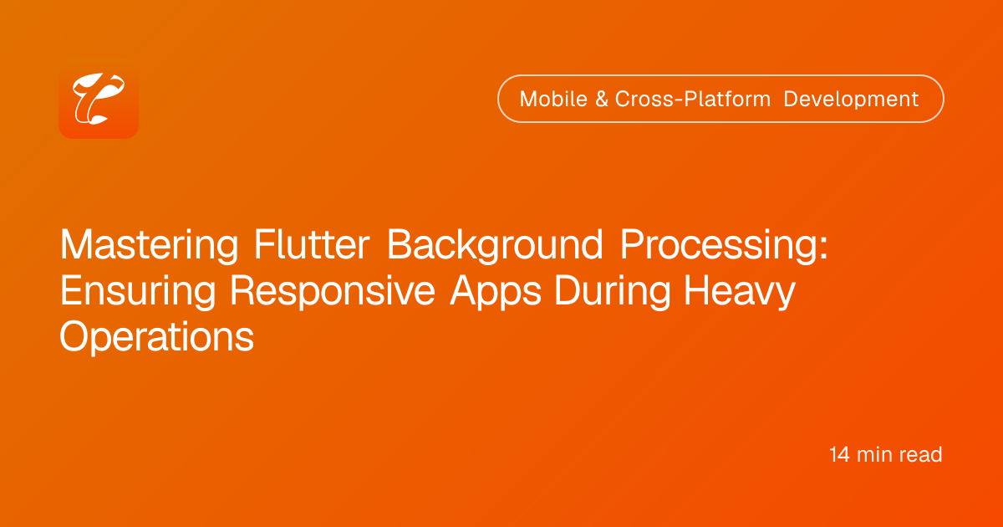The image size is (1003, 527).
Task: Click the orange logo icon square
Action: (x=99, y=99)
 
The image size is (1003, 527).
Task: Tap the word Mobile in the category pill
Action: (x=553, y=99)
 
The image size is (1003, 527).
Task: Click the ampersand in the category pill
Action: (x=602, y=99)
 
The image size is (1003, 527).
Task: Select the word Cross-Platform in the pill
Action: (x=693, y=99)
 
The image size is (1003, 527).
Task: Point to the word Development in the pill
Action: (x=851, y=99)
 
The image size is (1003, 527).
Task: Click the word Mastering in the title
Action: (x=149, y=245)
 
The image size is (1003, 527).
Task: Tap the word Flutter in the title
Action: (x=312, y=244)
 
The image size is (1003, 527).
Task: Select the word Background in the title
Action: (x=495, y=245)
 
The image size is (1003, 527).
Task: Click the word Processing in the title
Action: (x=719, y=245)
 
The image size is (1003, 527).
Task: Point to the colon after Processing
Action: (x=823, y=249)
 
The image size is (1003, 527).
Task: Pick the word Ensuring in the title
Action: (x=138, y=292)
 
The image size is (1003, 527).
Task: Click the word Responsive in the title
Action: (x=333, y=292)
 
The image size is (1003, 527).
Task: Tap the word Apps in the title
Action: (x=495, y=292)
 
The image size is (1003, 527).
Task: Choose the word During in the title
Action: (x=613, y=292)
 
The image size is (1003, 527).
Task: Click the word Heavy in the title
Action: (x=739, y=292)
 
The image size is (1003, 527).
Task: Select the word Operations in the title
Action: (x=157, y=337)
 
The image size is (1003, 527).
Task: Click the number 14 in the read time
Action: (x=839, y=454)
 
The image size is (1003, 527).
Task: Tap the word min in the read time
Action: (x=874, y=454)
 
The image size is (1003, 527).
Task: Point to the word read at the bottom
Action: (x=920, y=454)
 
